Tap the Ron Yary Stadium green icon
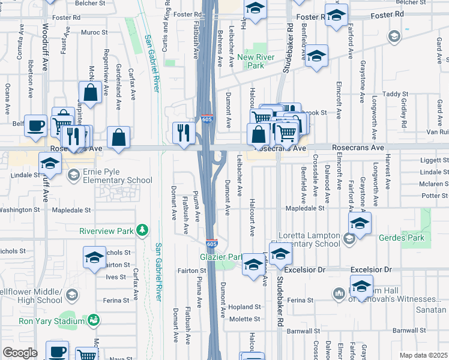pos(93,320)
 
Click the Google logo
pos(20,353)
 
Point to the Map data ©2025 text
pos(424,355)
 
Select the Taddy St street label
pos(396,94)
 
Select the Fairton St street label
pos(191,271)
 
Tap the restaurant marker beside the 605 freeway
pos(182,133)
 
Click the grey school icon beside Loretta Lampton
pos(349,239)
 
